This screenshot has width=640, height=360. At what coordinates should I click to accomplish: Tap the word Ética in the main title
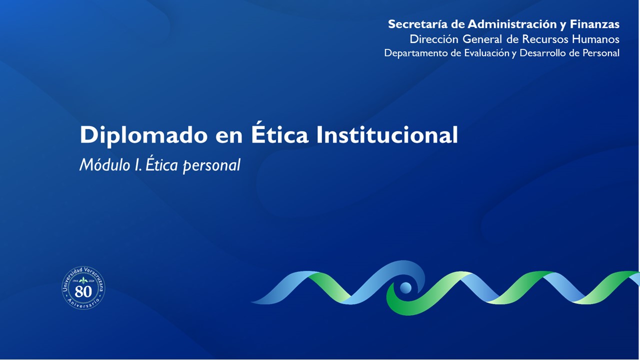point(280,134)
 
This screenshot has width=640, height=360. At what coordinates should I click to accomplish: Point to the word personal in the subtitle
point(211,166)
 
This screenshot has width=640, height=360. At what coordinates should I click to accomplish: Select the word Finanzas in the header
point(594,24)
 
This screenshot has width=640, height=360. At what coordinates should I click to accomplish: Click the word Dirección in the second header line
point(434,39)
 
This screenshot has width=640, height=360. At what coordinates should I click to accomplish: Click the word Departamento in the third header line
point(416,53)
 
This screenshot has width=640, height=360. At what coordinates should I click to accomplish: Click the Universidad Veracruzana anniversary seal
point(83,288)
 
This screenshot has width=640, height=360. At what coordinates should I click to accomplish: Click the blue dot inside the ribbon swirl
point(405,287)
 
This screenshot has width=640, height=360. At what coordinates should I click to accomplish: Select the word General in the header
point(482,39)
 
